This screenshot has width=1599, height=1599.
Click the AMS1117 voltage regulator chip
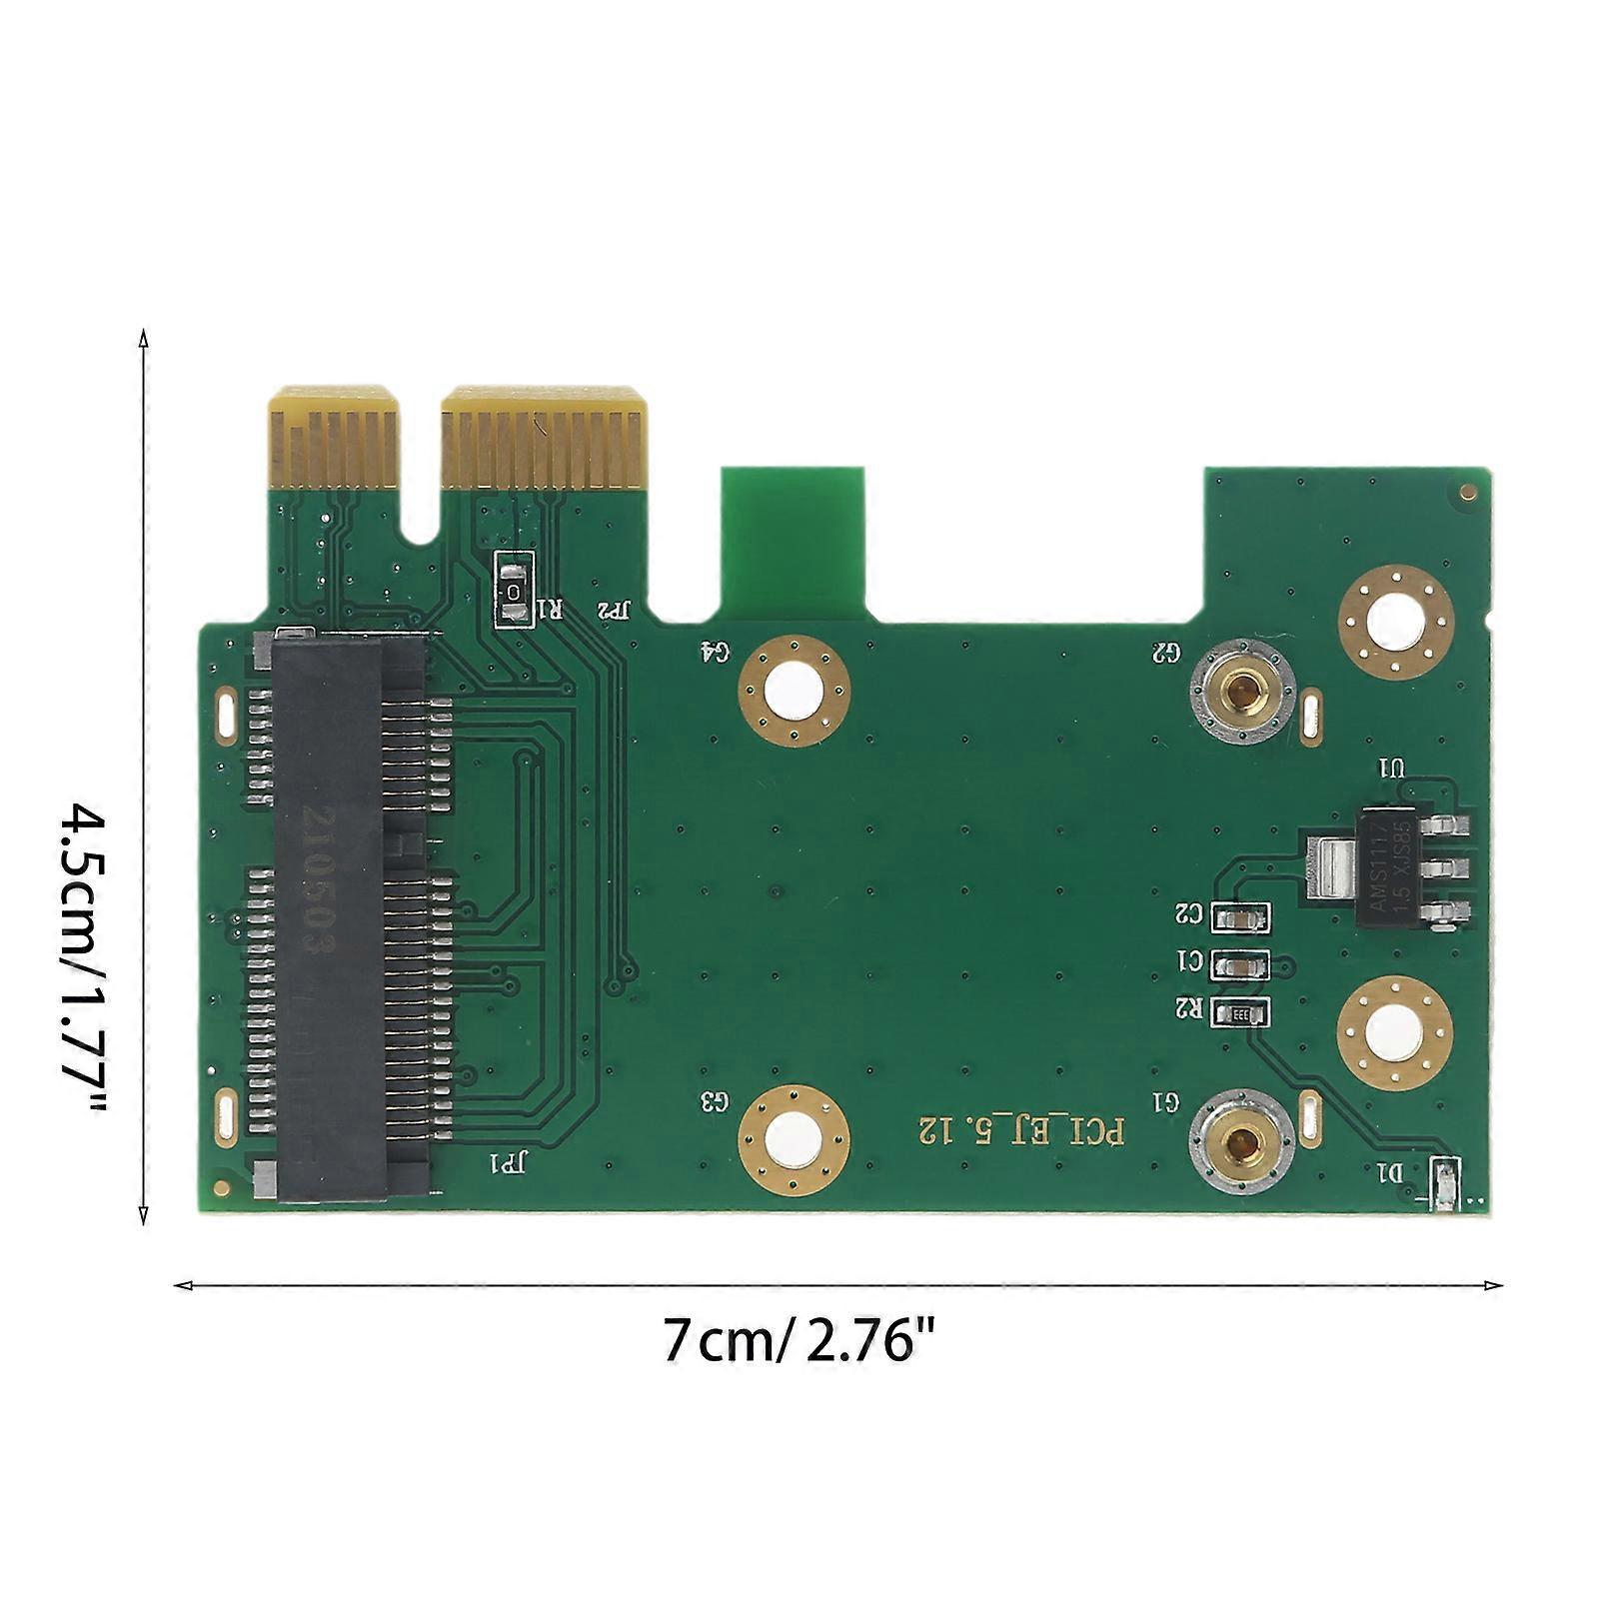(1394, 865)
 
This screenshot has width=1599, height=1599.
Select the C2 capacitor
(1239, 915)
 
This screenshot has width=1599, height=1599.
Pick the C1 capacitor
(1239, 964)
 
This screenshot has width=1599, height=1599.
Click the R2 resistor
(1239, 1013)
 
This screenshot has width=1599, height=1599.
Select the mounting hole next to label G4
(794, 690)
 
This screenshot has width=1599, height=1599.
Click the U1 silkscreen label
(1391, 769)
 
